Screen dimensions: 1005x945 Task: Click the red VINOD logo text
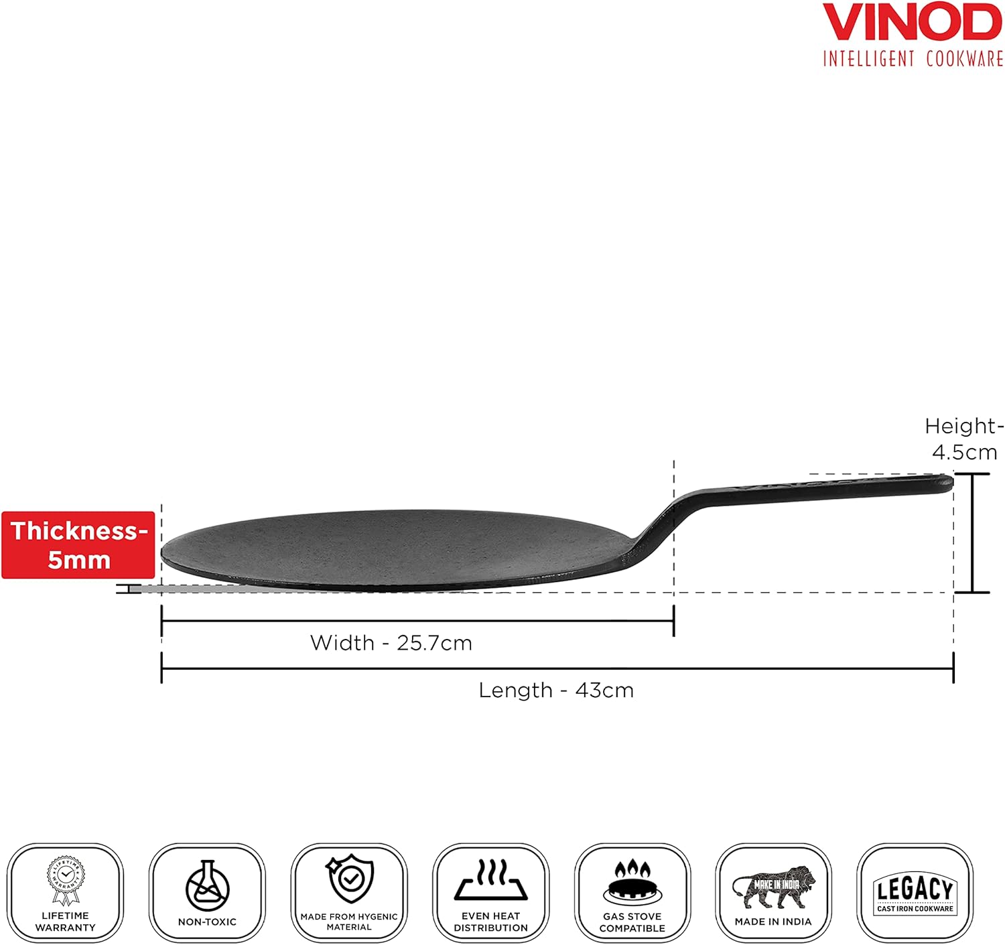tap(912, 23)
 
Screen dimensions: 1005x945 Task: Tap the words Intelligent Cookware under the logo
tap(913, 59)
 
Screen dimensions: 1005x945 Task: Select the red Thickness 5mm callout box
tap(78, 544)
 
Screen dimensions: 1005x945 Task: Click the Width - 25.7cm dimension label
tap(391, 643)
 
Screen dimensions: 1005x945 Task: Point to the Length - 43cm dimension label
tap(556, 690)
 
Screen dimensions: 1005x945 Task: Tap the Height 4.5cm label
tap(964, 439)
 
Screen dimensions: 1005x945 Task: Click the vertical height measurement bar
tap(972, 533)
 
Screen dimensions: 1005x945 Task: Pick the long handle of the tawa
tap(824, 488)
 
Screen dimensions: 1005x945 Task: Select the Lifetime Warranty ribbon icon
tap(66, 879)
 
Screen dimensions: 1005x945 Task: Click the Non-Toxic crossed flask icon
tap(207, 885)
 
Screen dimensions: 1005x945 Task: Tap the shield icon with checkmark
tap(349, 880)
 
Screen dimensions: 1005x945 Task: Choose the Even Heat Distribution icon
tap(491, 881)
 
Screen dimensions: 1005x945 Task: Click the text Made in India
tap(773, 922)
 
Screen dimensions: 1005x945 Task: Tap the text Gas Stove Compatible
tap(632, 922)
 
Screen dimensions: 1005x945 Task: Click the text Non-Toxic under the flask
tap(207, 922)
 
